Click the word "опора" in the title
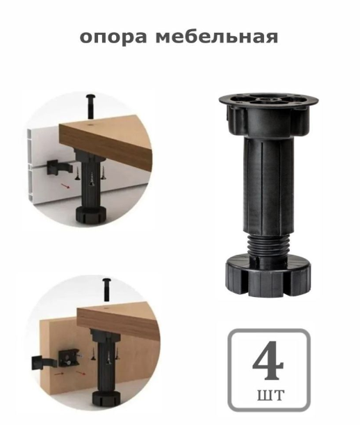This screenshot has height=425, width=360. pyautogui.click(x=112, y=38)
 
